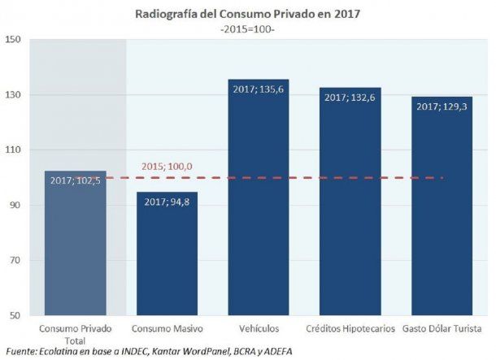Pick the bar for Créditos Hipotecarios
[350, 211]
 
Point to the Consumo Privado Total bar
[75, 252]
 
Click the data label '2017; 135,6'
[259, 90]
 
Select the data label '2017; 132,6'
[350, 98]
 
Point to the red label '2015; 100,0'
[167, 167]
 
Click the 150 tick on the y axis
[14, 40]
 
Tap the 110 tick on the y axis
[14, 150]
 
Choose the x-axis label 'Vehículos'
[259, 328]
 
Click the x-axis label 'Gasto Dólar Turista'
[442, 328]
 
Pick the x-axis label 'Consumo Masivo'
[167, 328]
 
